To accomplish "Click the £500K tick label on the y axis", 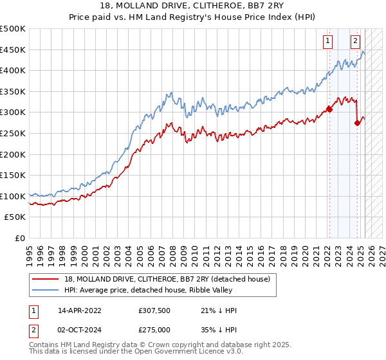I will [13, 29].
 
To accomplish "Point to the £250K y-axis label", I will [13, 133].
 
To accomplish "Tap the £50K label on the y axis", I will [15, 217].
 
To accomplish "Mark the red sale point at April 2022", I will [329, 109].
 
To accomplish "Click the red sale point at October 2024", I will [357, 123].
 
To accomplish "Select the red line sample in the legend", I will [46, 279].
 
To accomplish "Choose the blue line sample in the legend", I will [46, 290].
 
